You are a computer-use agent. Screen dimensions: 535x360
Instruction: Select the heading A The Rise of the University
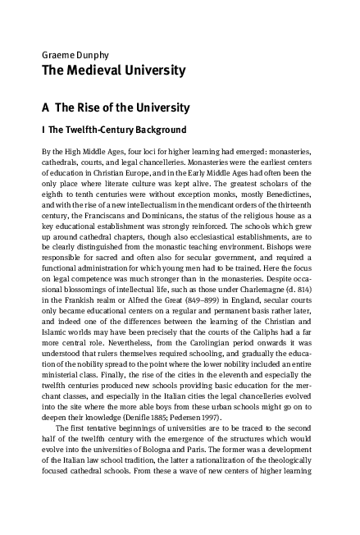tap(116, 107)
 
